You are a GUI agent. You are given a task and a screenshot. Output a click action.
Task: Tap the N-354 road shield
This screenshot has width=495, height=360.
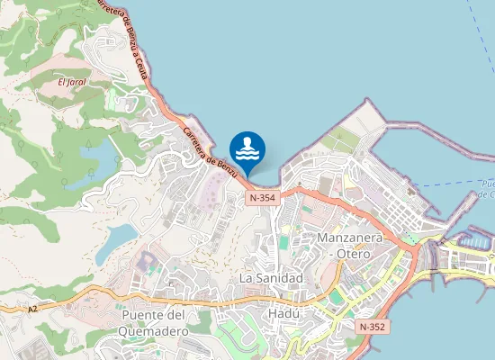point(263,197)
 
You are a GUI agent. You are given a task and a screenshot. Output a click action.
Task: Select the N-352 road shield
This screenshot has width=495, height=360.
point(371,326)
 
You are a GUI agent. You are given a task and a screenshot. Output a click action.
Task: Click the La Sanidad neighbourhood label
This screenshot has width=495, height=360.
point(271,278)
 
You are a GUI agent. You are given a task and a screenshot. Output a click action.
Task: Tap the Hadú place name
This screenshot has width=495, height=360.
point(283,314)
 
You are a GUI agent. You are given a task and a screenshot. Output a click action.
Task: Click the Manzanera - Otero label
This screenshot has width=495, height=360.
point(350,246)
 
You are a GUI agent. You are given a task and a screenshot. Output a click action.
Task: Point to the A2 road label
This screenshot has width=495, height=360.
point(32,309)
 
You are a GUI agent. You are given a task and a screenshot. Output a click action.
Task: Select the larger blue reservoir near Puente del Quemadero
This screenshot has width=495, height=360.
point(115,238)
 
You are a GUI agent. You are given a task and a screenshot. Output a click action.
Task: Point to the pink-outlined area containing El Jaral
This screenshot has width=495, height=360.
point(76,90)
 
